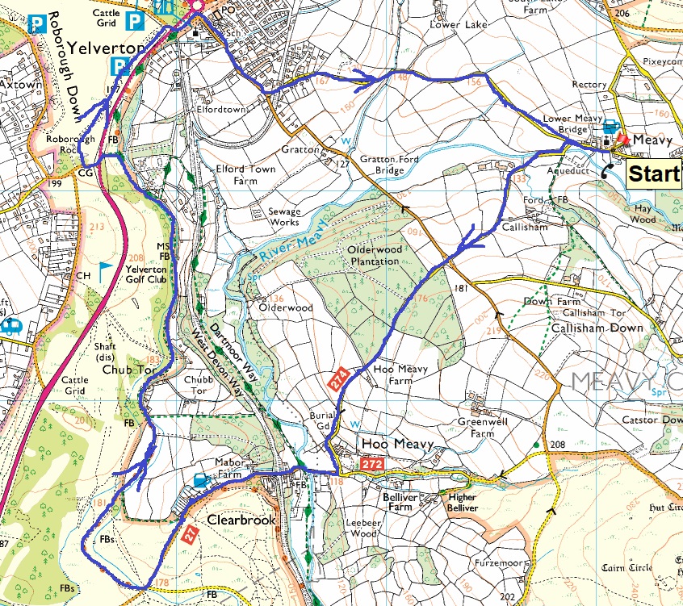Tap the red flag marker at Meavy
(621, 139)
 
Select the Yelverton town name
(107, 48)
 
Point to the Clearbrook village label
(241, 520)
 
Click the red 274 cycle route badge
(340, 376)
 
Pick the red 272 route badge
(371, 466)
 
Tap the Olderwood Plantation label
(373, 256)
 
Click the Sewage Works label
(283, 217)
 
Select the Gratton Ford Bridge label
(381, 165)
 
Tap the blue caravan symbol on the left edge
(12, 326)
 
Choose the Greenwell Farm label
(476, 428)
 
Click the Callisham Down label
(597, 328)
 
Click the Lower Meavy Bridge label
(572, 123)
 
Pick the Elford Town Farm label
(245, 175)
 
